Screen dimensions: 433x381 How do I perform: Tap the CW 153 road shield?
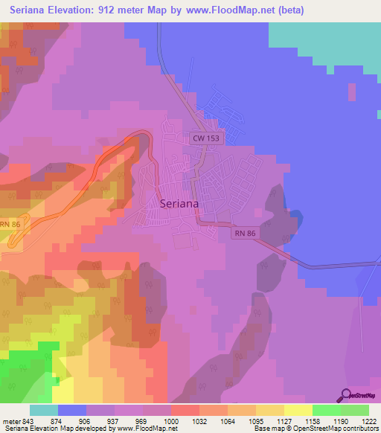tap(204, 138)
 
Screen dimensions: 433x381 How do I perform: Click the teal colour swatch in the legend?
tap(44, 410)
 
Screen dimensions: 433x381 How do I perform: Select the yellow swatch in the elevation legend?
tap(298, 410)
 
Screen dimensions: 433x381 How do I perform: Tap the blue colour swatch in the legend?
tap(72, 410)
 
